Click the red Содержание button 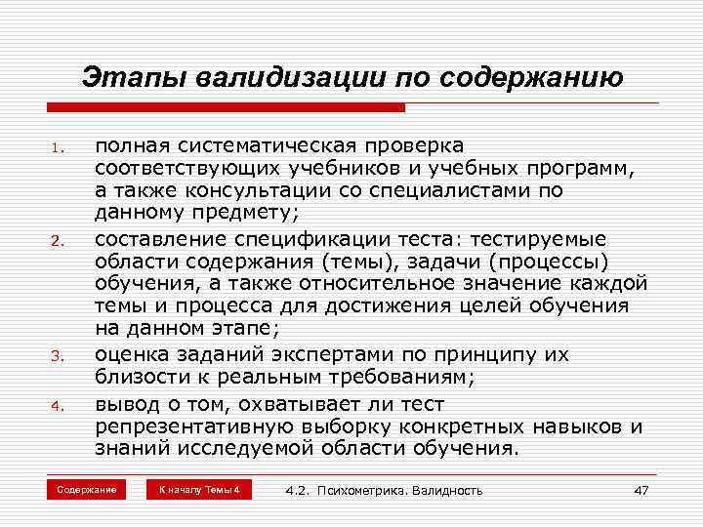(87, 489)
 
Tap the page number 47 (641, 490)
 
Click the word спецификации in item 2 (299, 239)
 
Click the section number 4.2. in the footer (298, 490)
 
